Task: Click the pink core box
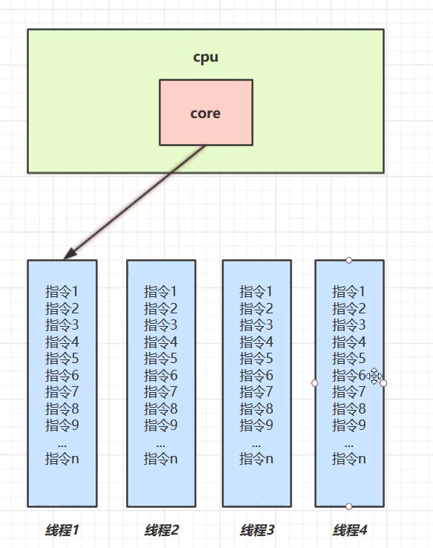(205, 112)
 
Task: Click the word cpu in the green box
(205, 57)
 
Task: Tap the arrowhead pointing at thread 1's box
(67, 255)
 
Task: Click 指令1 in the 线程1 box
(62, 292)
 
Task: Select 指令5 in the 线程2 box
(161, 359)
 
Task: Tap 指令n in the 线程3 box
(257, 459)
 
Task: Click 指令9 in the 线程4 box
(349, 425)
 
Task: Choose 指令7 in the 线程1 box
(62, 392)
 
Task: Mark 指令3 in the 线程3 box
(257, 325)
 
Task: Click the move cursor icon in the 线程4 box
(374, 376)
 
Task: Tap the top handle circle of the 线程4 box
(349, 260)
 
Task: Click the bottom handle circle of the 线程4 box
(349, 506)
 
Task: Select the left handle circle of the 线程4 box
(315, 383)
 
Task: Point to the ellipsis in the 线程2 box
(161, 443)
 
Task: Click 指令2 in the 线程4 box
(349, 309)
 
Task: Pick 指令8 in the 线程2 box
(161, 409)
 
